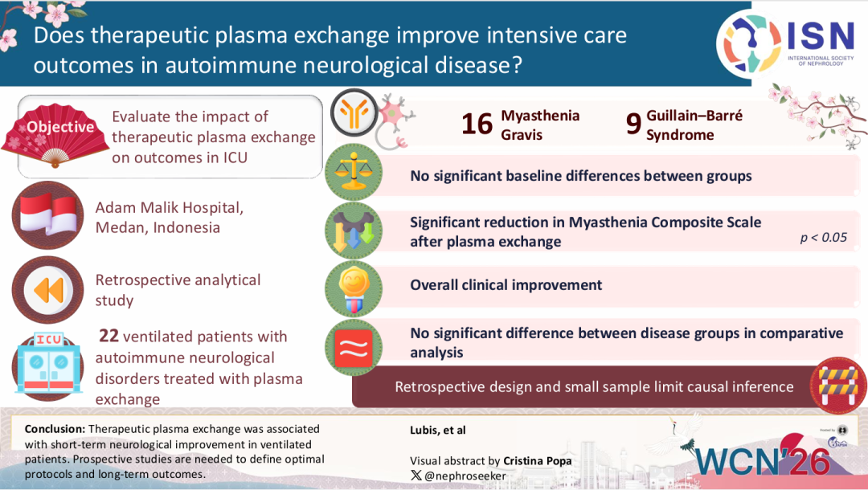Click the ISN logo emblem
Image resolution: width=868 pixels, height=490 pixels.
click(747, 44)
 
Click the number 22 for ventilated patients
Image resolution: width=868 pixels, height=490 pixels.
click(108, 336)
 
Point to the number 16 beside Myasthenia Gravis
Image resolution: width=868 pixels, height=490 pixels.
click(477, 125)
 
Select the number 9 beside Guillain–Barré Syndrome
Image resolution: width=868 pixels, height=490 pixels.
click(633, 125)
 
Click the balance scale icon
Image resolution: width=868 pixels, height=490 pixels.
click(354, 174)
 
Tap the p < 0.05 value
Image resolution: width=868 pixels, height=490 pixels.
click(823, 237)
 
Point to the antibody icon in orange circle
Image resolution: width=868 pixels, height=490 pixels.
click(354, 114)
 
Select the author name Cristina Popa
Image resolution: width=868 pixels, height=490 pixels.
click(538, 461)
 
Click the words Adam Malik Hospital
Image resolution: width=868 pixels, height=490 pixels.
click(169, 208)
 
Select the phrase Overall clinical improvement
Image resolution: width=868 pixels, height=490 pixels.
click(506, 285)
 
